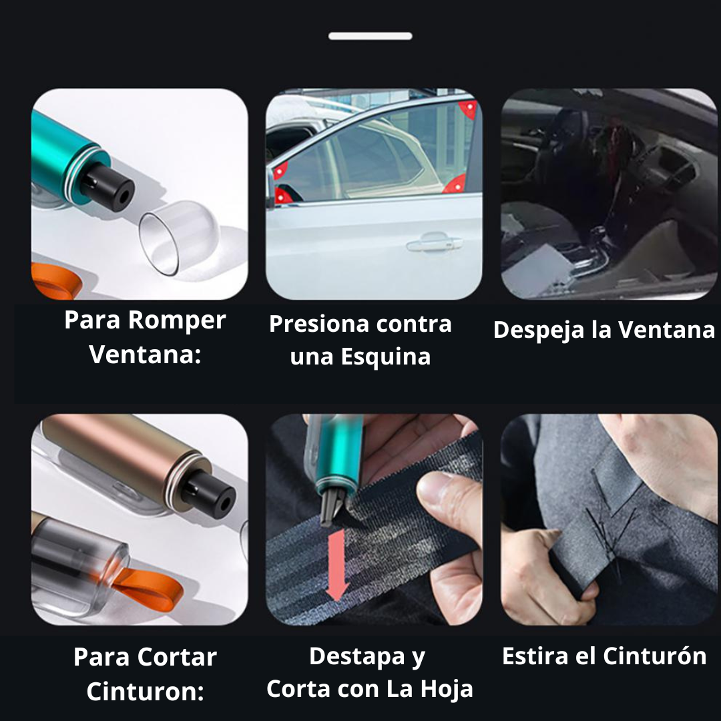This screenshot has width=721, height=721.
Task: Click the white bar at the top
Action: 370,36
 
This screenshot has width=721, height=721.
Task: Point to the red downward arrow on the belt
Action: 338,564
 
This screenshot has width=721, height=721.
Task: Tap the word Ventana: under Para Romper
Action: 145,354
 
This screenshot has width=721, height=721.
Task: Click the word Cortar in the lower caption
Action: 181,657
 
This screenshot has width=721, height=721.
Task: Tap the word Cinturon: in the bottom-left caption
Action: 145,692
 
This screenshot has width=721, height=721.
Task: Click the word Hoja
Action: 447,689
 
